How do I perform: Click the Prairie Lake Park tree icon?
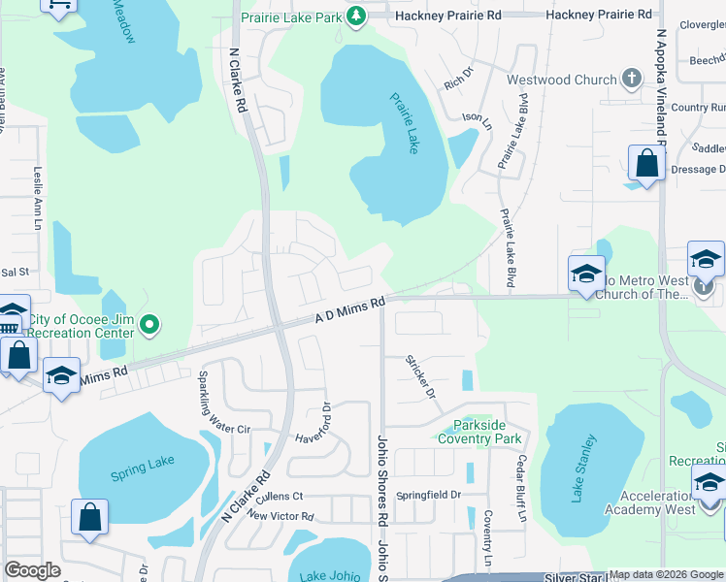tap(356, 16)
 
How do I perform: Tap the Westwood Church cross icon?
tap(632, 80)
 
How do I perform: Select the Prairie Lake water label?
tap(406, 122)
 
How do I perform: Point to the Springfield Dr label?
tap(429, 495)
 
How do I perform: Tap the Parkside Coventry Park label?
tap(479, 432)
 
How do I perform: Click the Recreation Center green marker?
tap(148, 325)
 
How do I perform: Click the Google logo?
tap(32, 570)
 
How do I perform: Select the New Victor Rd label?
tap(280, 517)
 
